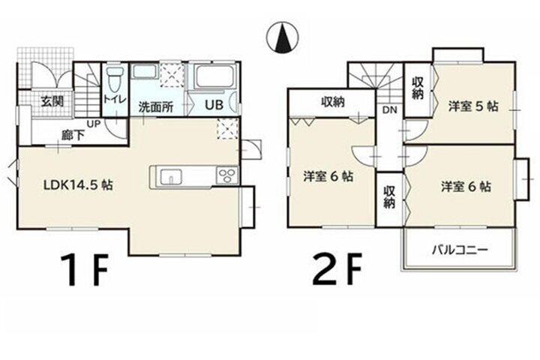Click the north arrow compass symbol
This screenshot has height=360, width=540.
pos(283,37)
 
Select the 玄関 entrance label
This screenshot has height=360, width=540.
pos(52,102)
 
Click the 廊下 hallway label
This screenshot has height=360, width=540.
pos(73,135)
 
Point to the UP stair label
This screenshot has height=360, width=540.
pos(93,124)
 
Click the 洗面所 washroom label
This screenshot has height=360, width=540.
pos(156,107)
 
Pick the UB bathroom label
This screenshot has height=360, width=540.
pos(214,105)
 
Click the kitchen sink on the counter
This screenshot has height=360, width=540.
pos(171,176)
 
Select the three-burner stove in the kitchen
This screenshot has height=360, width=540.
pos(227,175)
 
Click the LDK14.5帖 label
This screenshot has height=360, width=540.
pos(78,185)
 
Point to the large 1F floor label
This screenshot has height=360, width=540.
pos(84,271)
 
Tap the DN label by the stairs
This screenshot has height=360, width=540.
pos(389,110)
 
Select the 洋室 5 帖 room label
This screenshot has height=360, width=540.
pos(473,106)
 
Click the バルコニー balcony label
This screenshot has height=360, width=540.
pos(460,249)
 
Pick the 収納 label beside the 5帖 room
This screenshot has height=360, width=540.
pos(418,88)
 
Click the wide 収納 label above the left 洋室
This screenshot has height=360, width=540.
pos(333,102)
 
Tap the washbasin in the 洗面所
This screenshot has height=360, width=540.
pos(145,71)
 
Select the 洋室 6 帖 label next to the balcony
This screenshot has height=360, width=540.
pos(466,187)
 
